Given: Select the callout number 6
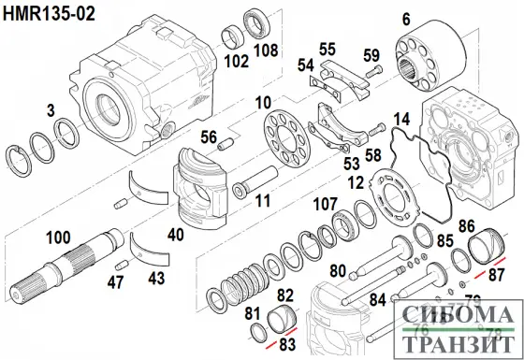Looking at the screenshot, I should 407,19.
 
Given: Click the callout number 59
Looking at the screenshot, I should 371,54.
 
